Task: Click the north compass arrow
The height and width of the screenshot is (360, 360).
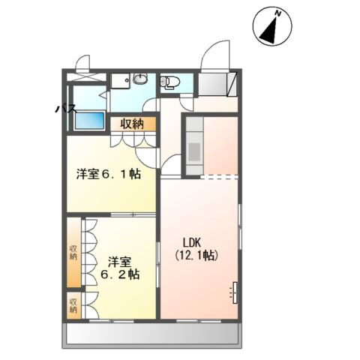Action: point(273,25)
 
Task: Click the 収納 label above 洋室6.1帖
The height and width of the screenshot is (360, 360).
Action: point(133,124)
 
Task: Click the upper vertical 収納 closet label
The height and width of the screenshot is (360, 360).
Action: point(73,253)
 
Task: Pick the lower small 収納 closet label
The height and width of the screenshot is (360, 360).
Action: point(73,305)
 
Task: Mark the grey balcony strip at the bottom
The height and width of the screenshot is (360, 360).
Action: point(154,334)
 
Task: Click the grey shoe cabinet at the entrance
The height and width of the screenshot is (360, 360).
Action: point(218,84)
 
